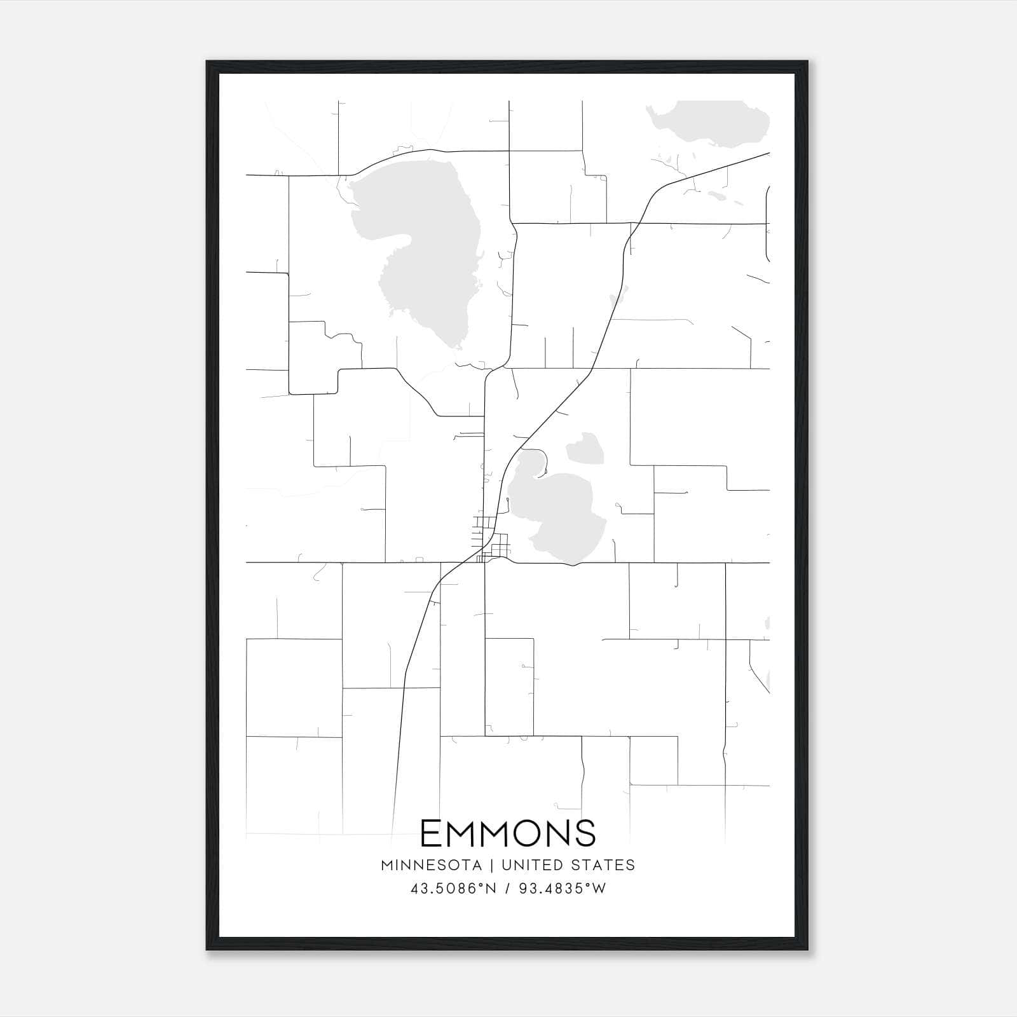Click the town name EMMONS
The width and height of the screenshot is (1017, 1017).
pos(508,833)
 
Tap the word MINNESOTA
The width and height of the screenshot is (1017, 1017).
pos(435,865)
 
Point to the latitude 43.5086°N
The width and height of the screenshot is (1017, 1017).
pos(452,889)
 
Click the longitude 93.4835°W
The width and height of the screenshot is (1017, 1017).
pos(563,889)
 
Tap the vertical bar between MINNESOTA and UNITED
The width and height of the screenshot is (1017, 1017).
pos(496,865)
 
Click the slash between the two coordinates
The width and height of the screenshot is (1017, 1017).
pos(507,889)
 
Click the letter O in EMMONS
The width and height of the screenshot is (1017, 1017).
pos(525,833)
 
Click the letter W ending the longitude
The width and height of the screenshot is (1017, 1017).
pos(599,889)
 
